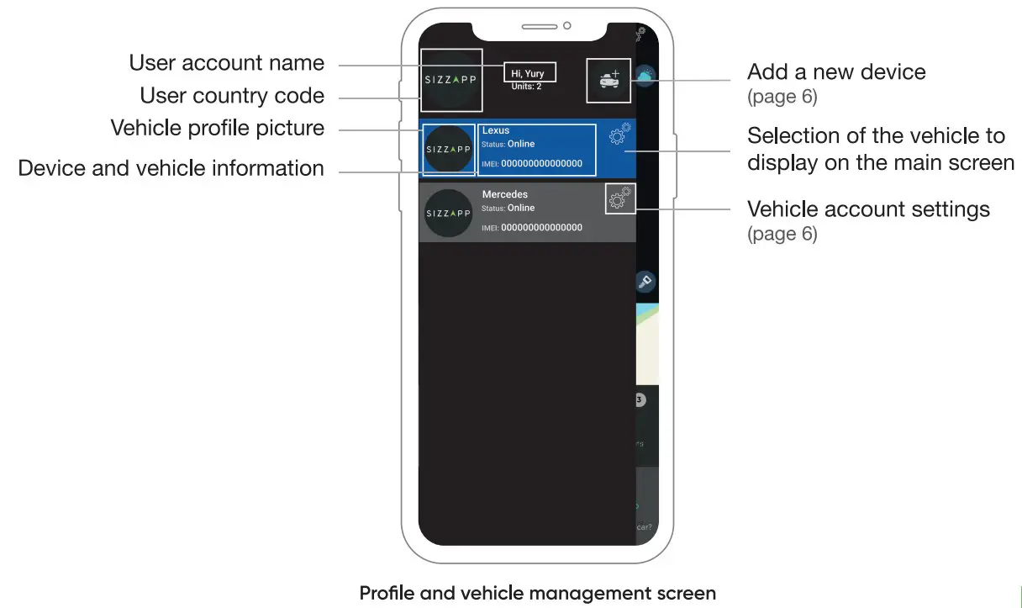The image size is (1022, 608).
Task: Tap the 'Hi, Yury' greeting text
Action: [x=528, y=74]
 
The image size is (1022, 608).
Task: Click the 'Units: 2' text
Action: [x=527, y=86]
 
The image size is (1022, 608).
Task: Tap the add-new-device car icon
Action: [x=608, y=81]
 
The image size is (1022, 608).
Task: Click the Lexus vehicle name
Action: [x=496, y=131]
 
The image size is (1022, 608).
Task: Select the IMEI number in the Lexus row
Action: [x=541, y=164]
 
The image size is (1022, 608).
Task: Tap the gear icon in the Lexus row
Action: [x=620, y=135]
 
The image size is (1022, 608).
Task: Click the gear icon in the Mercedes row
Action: [x=620, y=198]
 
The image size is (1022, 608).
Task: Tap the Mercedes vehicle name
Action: [x=504, y=194]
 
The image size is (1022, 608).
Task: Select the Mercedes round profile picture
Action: [x=449, y=214]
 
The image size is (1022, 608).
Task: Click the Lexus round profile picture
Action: [x=449, y=150]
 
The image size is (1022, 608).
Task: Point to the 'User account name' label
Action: [x=226, y=63]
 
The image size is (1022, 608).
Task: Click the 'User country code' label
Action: [x=232, y=96]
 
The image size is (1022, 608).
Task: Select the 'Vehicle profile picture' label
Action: [x=218, y=129]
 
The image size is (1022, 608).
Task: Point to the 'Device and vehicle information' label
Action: [x=171, y=168]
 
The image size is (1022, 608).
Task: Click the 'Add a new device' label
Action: [x=836, y=71]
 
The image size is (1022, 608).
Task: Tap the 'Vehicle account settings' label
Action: [x=868, y=209]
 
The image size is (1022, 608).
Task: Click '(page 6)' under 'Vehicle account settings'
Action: [x=782, y=233]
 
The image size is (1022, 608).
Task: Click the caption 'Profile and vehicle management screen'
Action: [x=538, y=593]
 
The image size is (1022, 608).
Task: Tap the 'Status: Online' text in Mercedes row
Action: [x=508, y=208]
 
